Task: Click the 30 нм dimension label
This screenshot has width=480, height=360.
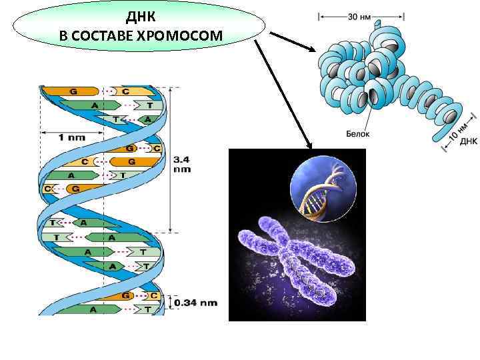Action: coord(361,15)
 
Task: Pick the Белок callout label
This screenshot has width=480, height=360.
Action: coord(359,134)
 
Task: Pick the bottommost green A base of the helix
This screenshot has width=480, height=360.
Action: coord(93,309)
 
